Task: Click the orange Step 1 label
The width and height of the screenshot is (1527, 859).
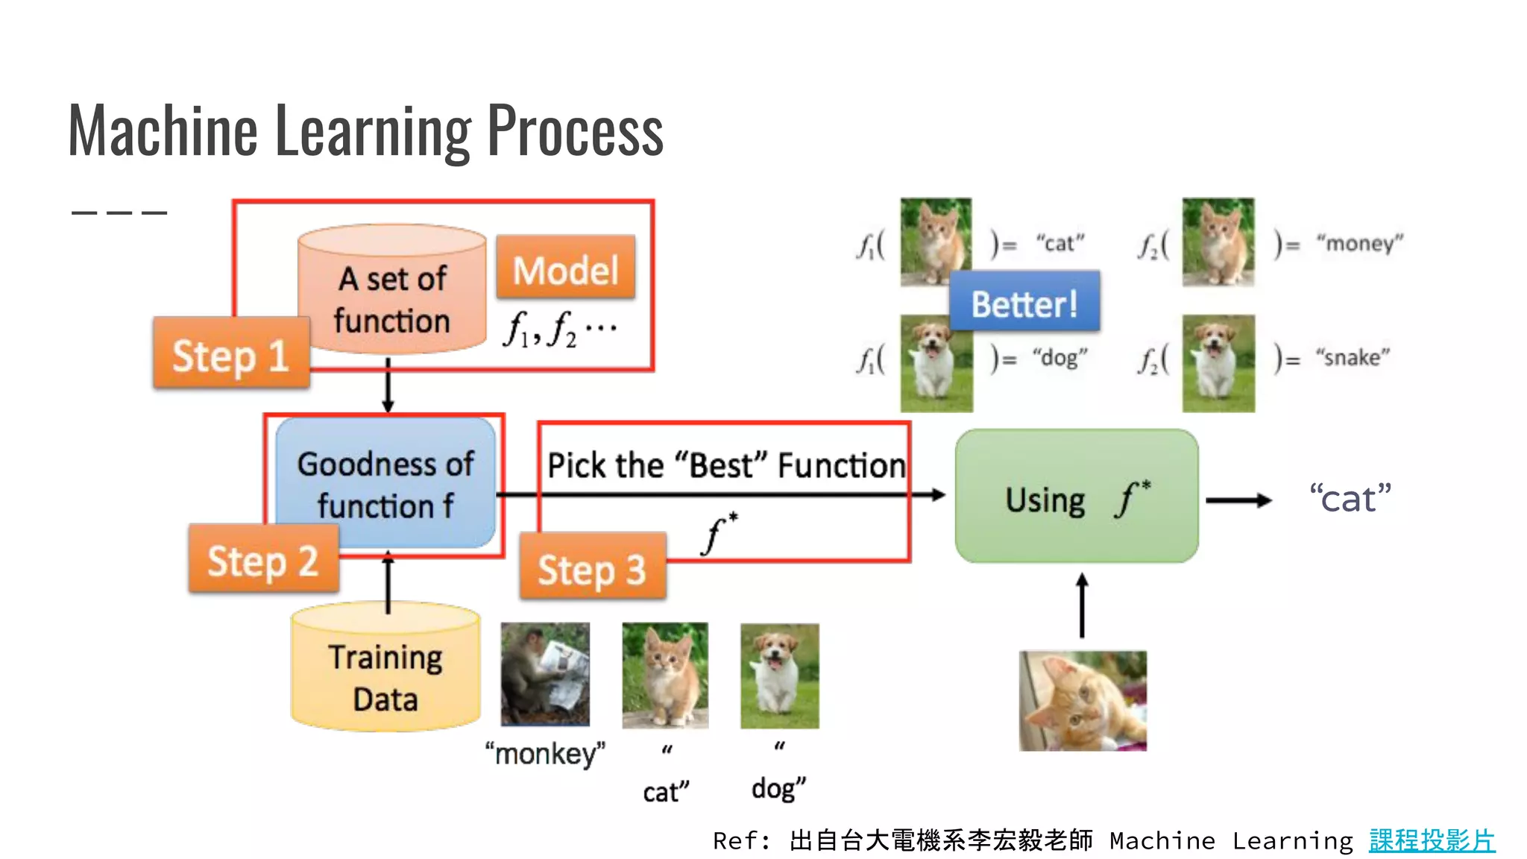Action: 231,353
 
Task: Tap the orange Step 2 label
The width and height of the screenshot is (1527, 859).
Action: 263,559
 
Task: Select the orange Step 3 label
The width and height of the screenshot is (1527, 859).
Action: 592,567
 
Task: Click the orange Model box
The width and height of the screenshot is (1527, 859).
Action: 566,268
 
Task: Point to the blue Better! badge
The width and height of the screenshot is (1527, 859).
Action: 1024,303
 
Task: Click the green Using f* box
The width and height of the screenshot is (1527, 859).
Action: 1077,497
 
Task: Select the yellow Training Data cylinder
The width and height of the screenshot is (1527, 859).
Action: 385,671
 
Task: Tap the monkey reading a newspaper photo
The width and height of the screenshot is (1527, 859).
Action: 545,674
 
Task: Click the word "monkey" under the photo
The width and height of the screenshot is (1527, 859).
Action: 545,753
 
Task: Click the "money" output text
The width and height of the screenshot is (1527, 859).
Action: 1359,243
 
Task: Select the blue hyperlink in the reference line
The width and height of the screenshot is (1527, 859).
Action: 1432,840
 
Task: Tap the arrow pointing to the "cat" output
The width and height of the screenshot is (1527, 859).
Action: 1238,500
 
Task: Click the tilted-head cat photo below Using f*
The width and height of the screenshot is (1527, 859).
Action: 1083,700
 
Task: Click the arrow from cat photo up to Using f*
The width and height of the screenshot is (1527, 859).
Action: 1083,605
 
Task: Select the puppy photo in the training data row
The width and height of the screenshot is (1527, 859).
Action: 779,676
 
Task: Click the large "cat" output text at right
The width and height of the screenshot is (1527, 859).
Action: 1350,498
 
